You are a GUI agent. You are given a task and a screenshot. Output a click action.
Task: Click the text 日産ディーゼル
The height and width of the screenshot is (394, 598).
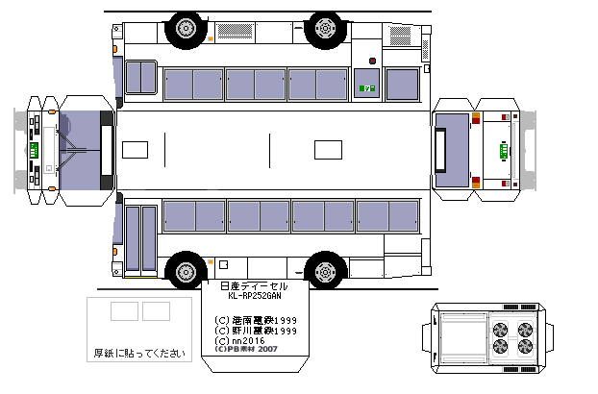click(255, 286)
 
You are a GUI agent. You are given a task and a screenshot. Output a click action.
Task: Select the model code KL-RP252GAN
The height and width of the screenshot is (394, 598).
click(255, 297)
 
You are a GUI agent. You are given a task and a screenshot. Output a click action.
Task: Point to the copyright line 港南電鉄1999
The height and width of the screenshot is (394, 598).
click(255, 319)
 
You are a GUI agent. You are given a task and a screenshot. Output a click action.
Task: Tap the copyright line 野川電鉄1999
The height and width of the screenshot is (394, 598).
click(255, 330)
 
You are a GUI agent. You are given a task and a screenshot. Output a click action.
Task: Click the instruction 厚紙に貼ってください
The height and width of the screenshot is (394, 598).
click(138, 353)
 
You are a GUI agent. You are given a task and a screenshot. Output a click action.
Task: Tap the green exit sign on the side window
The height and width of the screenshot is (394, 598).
click(365, 89)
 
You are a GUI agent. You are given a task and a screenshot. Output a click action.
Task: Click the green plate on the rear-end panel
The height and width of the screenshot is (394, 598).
click(502, 149)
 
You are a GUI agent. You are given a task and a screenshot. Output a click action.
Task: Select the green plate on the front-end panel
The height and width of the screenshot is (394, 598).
click(34, 152)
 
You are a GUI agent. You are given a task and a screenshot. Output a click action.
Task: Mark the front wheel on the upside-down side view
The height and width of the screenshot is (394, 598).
click(182, 29)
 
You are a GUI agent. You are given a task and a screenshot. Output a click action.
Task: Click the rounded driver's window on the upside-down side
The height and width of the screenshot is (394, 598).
click(140, 77)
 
